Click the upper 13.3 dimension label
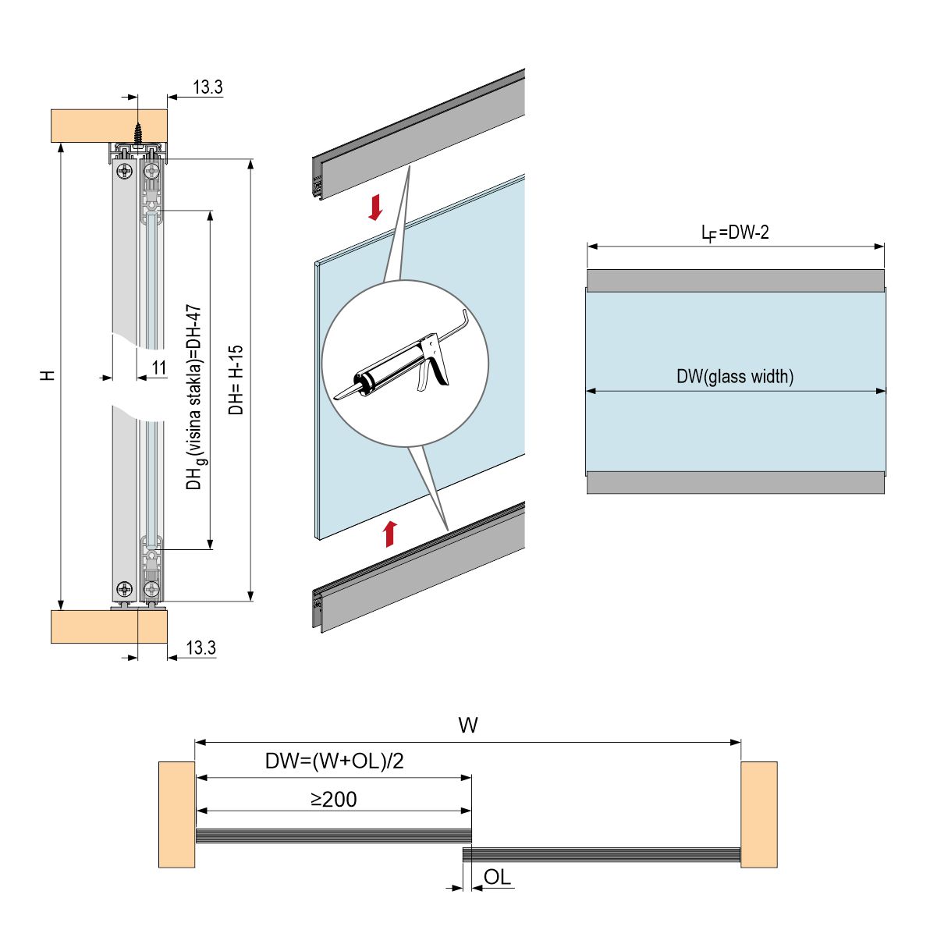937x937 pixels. click(x=208, y=87)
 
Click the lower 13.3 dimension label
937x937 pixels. click(x=201, y=648)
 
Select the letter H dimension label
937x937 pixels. click(x=48, y=375)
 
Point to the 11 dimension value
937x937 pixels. click(x=158, y=367)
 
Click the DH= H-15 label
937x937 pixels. click(x=237, y=380)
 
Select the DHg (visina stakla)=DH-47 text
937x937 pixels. click(x=194, y=398)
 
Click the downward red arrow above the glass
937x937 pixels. click(x=376, y=208)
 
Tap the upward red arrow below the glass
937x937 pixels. click(x=390, y=534)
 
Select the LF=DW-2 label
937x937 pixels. click(x=735, y=232)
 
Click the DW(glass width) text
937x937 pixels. click(x=735, y=377)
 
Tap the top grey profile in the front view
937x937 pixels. click(x=735, y=281)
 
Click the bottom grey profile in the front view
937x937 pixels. click(x=735, y=482)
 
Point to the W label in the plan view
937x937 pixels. click(x=467, y=726)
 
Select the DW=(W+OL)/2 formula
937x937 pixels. click(x=334, y=761)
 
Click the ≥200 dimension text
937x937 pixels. click(x=333, y=799)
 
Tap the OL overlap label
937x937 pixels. click(x=497, y=877)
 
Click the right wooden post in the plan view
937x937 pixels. click(x=758, y=815)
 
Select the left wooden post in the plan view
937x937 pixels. click(x=176, y=815)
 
